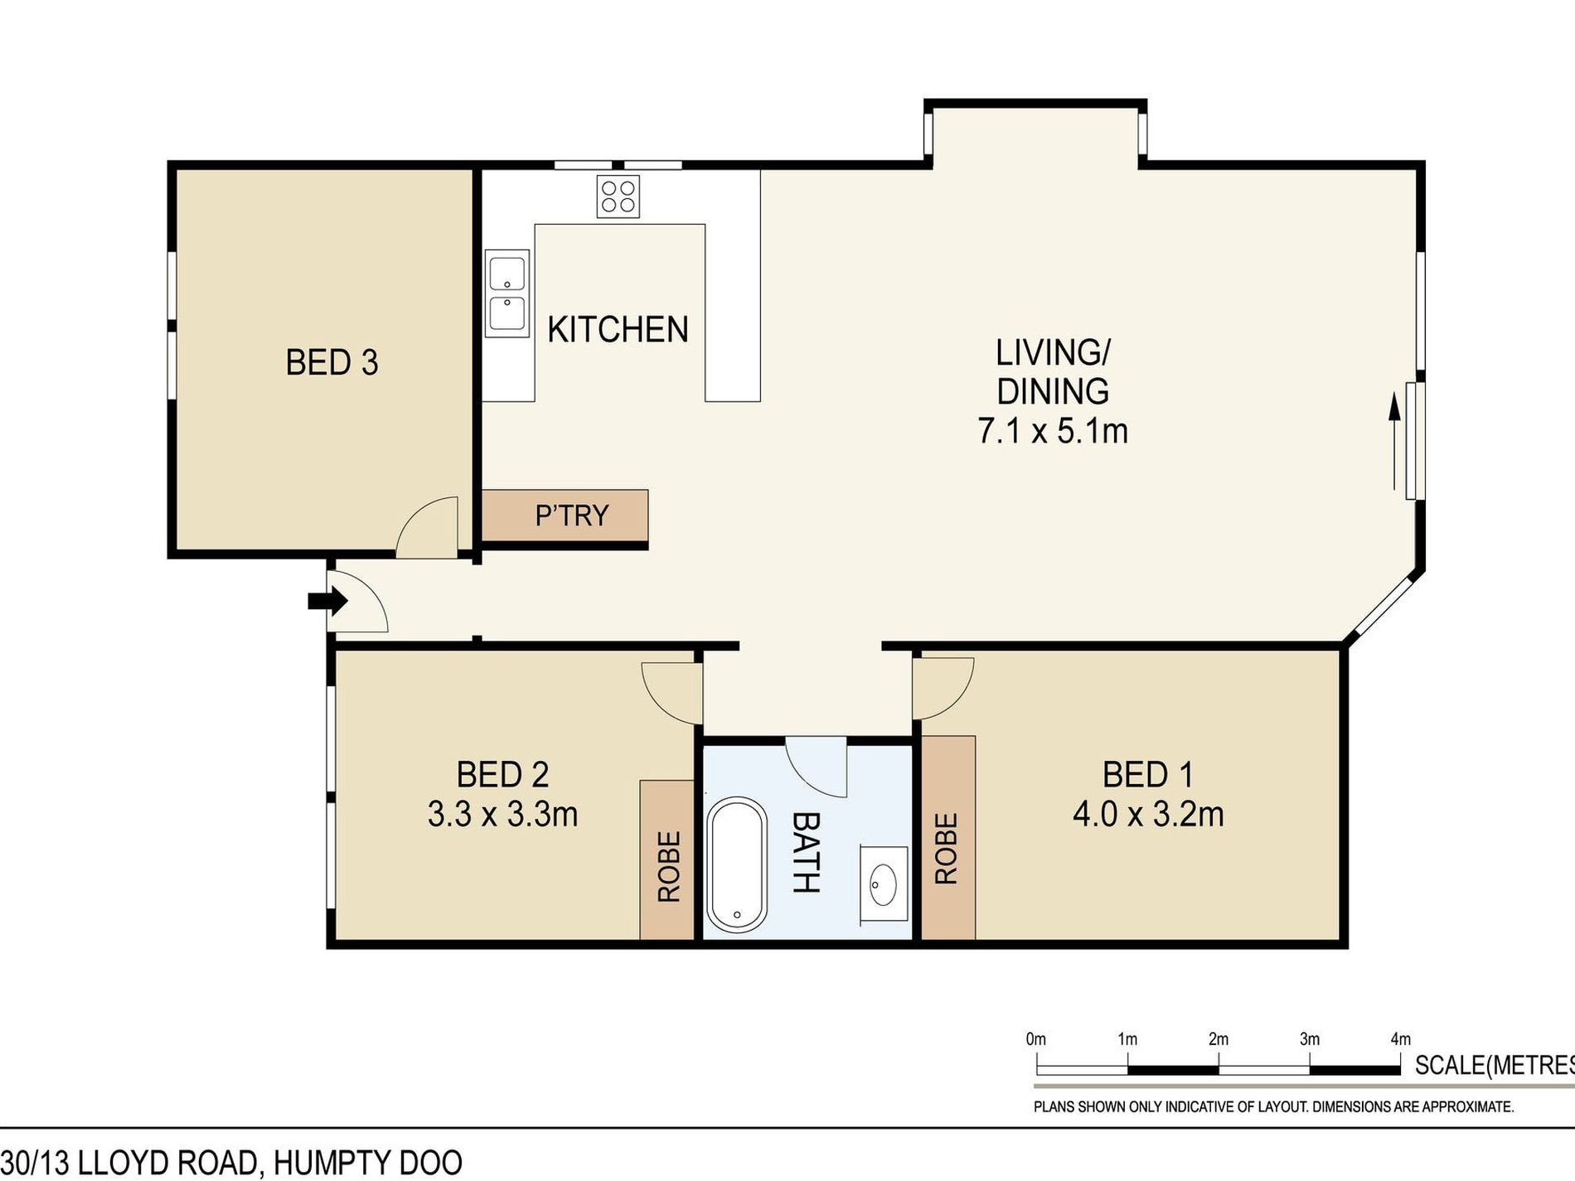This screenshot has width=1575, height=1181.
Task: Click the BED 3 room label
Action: [x=332, y=363]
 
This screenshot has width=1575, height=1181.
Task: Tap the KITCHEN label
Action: [x=618, y=330]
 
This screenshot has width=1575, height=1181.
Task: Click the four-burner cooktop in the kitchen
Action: [x=618, y=197]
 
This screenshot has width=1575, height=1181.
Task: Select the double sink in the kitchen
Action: [x=506, y=293]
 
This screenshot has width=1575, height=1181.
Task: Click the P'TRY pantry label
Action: [x=572, y=515]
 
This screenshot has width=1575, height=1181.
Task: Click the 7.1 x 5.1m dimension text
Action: [x=1053, y=431]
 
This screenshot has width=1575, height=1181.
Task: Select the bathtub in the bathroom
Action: [x=736, y=864]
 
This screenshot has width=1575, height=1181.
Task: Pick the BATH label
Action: [x=806, y=852]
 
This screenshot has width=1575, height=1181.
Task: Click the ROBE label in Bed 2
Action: [x=668, y=866]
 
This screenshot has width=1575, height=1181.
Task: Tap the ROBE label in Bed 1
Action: [x=946, y=848]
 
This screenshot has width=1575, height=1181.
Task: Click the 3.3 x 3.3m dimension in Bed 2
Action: [x=502, y=814]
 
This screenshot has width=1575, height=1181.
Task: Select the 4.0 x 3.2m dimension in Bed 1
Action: [x=1148, y=814]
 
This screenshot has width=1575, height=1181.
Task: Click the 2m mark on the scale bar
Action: [x=1218, y=1039]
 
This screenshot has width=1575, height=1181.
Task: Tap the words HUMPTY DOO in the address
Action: [x=367, y=1163]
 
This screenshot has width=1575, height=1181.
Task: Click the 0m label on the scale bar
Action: [x=1035, y=1039]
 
